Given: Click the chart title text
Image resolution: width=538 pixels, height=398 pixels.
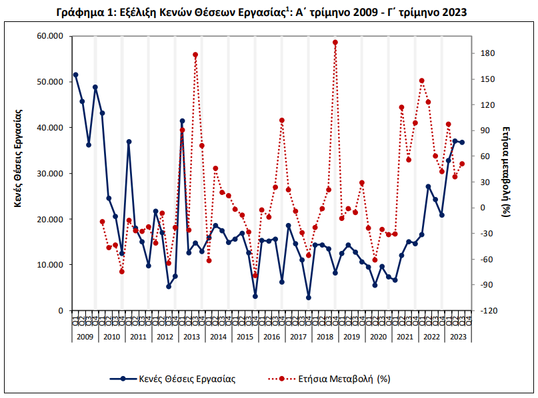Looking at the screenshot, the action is [x=261, y=12].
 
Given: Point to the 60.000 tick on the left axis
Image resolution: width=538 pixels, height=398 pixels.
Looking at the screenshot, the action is [x=50, y=36].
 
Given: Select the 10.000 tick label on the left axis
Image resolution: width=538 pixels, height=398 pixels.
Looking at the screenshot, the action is [x=50, y=265].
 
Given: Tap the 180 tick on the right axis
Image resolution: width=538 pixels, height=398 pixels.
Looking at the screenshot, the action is [x=487, y=53].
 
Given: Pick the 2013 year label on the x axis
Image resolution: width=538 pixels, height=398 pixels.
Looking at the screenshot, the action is [x=191, y=337].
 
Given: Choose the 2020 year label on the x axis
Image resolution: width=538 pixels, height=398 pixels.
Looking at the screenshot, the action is [x=378, y=337].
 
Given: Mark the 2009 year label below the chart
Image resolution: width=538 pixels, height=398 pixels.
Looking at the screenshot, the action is [x=85, y=337].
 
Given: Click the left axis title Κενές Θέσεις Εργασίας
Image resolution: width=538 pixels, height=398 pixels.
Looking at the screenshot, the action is [x=18, y=158].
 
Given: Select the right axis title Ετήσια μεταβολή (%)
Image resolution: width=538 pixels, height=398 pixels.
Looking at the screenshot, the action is [x=507, y=172].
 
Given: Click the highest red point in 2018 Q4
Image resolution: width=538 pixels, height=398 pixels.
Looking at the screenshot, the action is [x=335, y=43].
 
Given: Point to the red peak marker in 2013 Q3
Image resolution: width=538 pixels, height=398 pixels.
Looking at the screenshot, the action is [x=195, y=55].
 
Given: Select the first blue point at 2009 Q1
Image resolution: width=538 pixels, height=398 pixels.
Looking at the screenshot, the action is [x=75, y=75].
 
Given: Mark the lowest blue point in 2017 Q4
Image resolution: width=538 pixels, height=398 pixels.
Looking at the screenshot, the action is [x=309, y=298].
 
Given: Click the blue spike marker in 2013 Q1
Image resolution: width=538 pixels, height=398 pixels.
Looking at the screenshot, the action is [x=182, y=121].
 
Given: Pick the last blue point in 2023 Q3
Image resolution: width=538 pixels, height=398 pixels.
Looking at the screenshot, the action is [x=462, y=142].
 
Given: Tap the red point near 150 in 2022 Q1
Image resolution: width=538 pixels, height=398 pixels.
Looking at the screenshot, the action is [x=422, y=81].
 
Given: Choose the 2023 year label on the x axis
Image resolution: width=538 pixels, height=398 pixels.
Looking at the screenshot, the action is [x=458, y=337].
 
